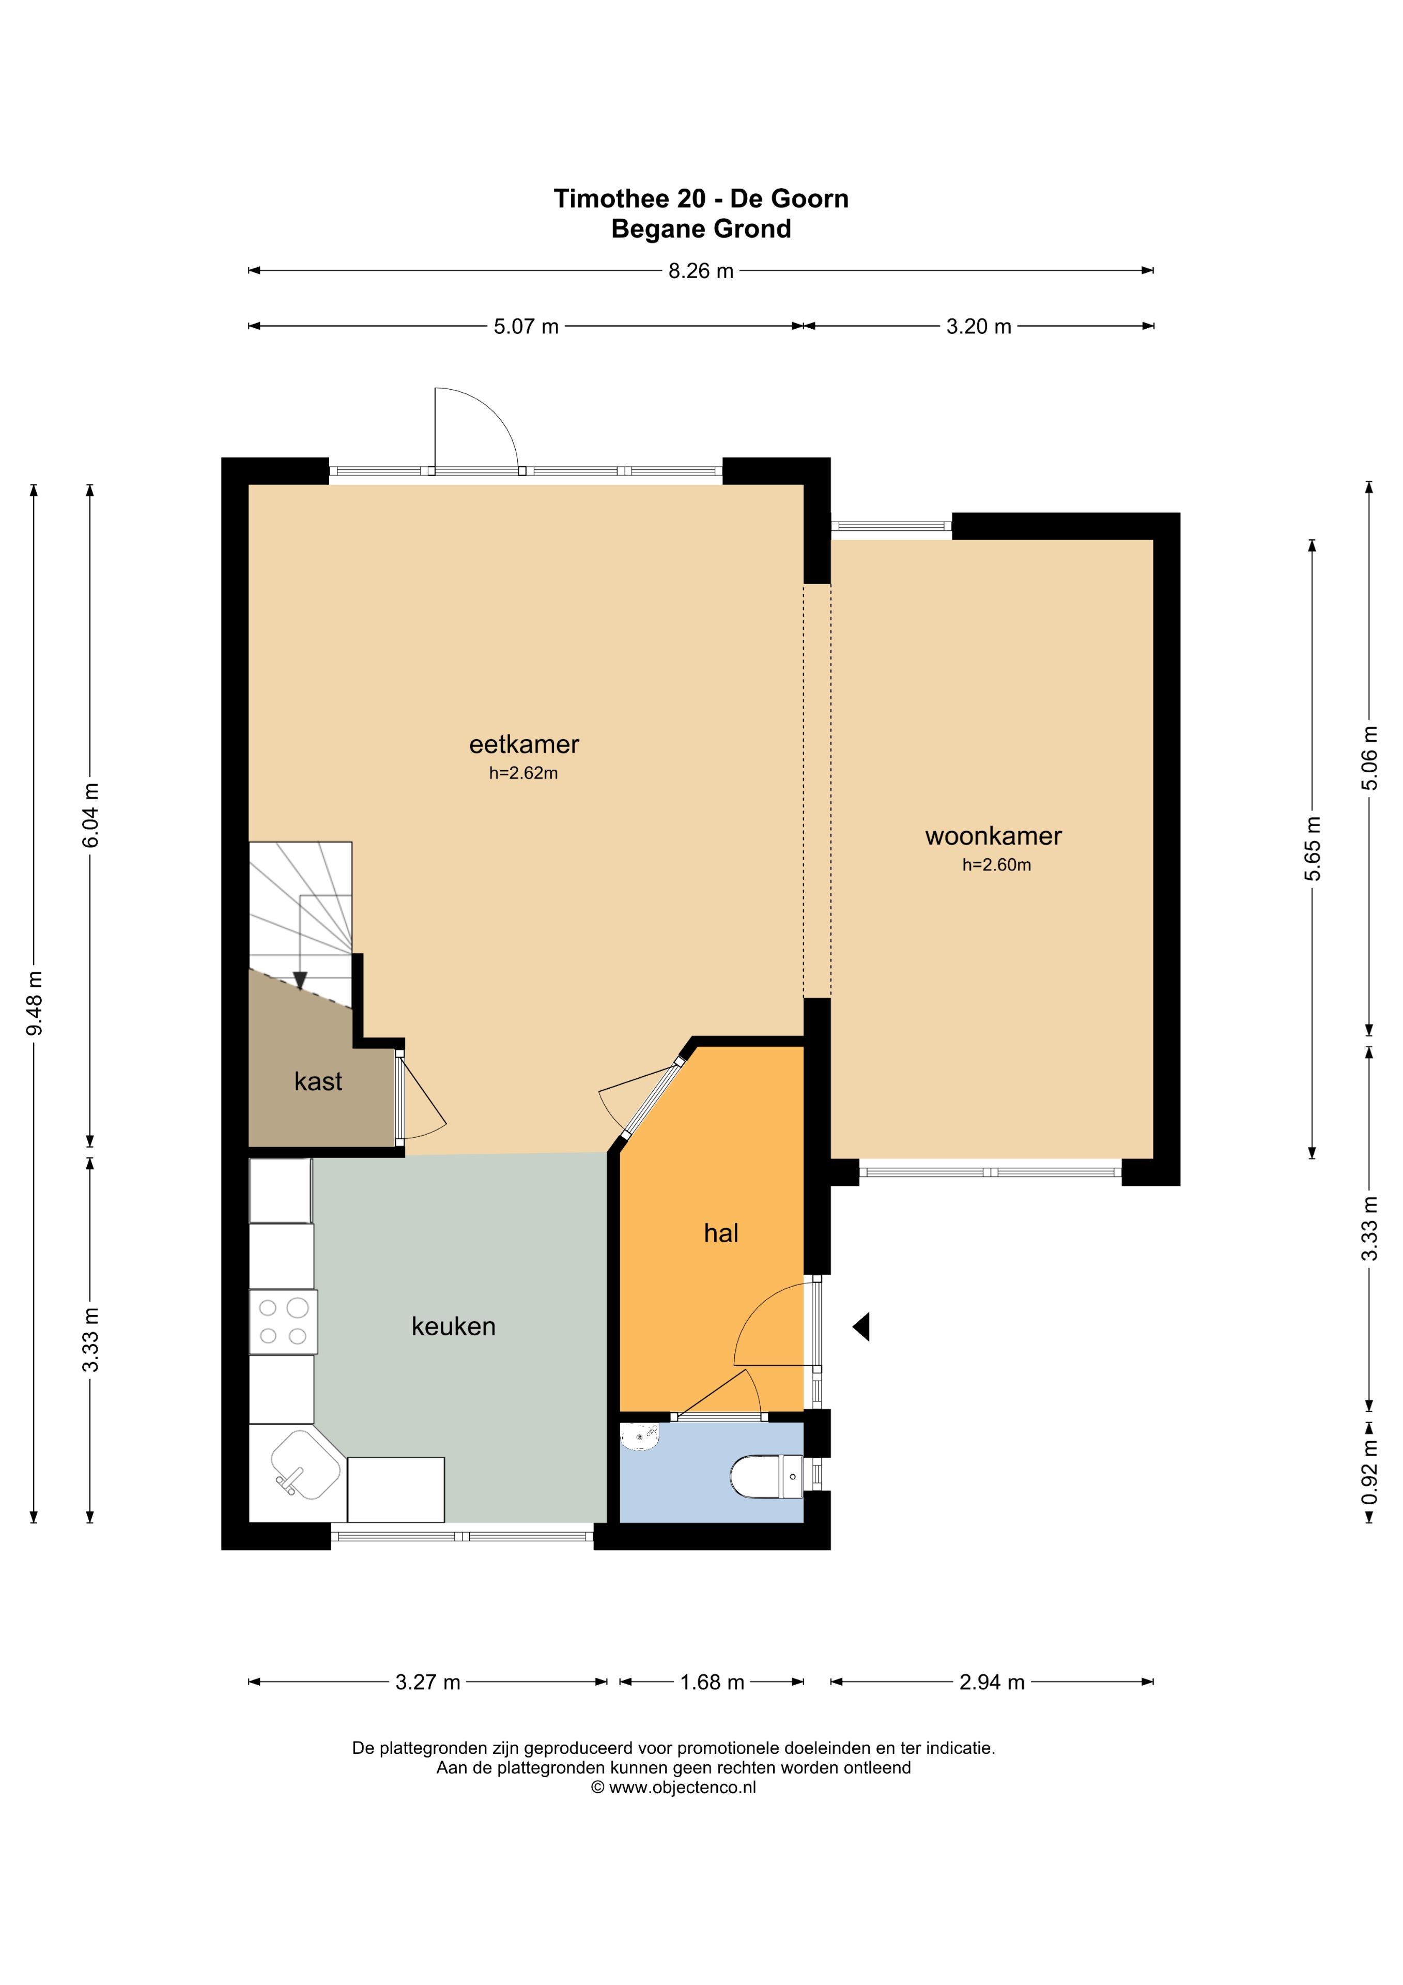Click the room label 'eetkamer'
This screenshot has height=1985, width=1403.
(524, 744)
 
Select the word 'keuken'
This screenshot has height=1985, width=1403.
(453, 1326)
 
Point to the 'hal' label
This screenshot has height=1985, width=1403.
(721, 1233)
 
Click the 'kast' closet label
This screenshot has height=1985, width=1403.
(318, 1081)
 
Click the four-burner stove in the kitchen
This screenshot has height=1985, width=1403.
(284, 1322)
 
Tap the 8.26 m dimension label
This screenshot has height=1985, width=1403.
(701, 270)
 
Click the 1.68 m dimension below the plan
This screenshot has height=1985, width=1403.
(712, 1683)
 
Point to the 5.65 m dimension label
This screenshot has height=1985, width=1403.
(1313, 848)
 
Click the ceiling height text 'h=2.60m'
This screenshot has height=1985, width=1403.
(997, 864)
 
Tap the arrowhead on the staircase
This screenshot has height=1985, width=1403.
(300, 981)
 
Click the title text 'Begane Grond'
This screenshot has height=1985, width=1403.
(701, 229)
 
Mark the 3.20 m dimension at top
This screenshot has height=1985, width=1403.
(979, 326)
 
